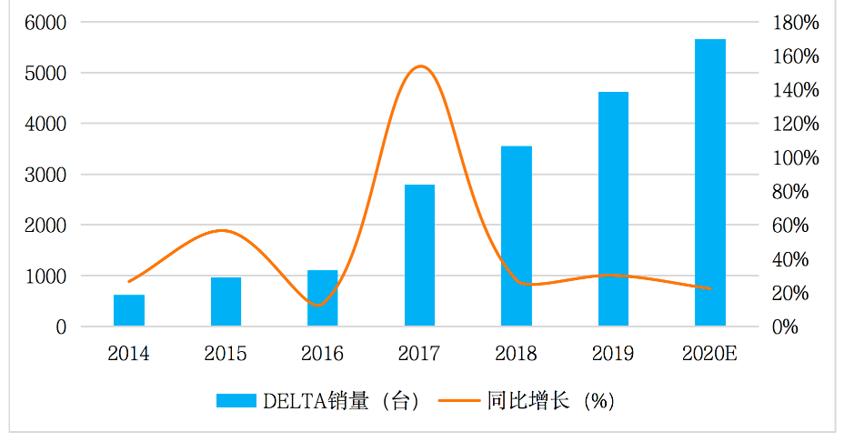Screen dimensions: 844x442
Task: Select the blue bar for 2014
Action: coord(129,310)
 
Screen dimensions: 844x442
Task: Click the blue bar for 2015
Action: coord(226,301)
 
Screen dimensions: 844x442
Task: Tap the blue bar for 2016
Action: coord(323,297)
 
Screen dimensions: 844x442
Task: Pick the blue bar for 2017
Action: coord(420,256)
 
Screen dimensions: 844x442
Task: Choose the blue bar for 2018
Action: coord(517,236)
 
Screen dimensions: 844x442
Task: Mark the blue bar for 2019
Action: coord(614,209)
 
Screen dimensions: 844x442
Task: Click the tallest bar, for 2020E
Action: coord(710,183)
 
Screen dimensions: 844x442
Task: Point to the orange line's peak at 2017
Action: coord(420,66)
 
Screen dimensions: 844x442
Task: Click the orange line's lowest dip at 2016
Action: coord(319,306)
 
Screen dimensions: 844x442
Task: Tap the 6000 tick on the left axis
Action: coord(45,23)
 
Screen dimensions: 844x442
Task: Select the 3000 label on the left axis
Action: coord(45,175)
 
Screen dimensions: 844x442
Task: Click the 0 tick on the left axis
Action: coord(61,326)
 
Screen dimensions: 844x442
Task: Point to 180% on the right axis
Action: coord(796,23)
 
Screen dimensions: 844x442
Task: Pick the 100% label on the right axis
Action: coord(796,157)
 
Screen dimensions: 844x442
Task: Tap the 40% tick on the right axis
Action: coord(790,259)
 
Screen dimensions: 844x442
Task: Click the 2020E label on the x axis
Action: coord(709,354)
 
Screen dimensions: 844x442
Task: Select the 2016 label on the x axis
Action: coord(322,354)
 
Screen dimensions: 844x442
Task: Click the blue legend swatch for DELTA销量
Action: coord(236,400)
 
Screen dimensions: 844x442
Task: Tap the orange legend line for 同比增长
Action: coord(459,400)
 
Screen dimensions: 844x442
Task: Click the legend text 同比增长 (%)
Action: coord(550,401)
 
